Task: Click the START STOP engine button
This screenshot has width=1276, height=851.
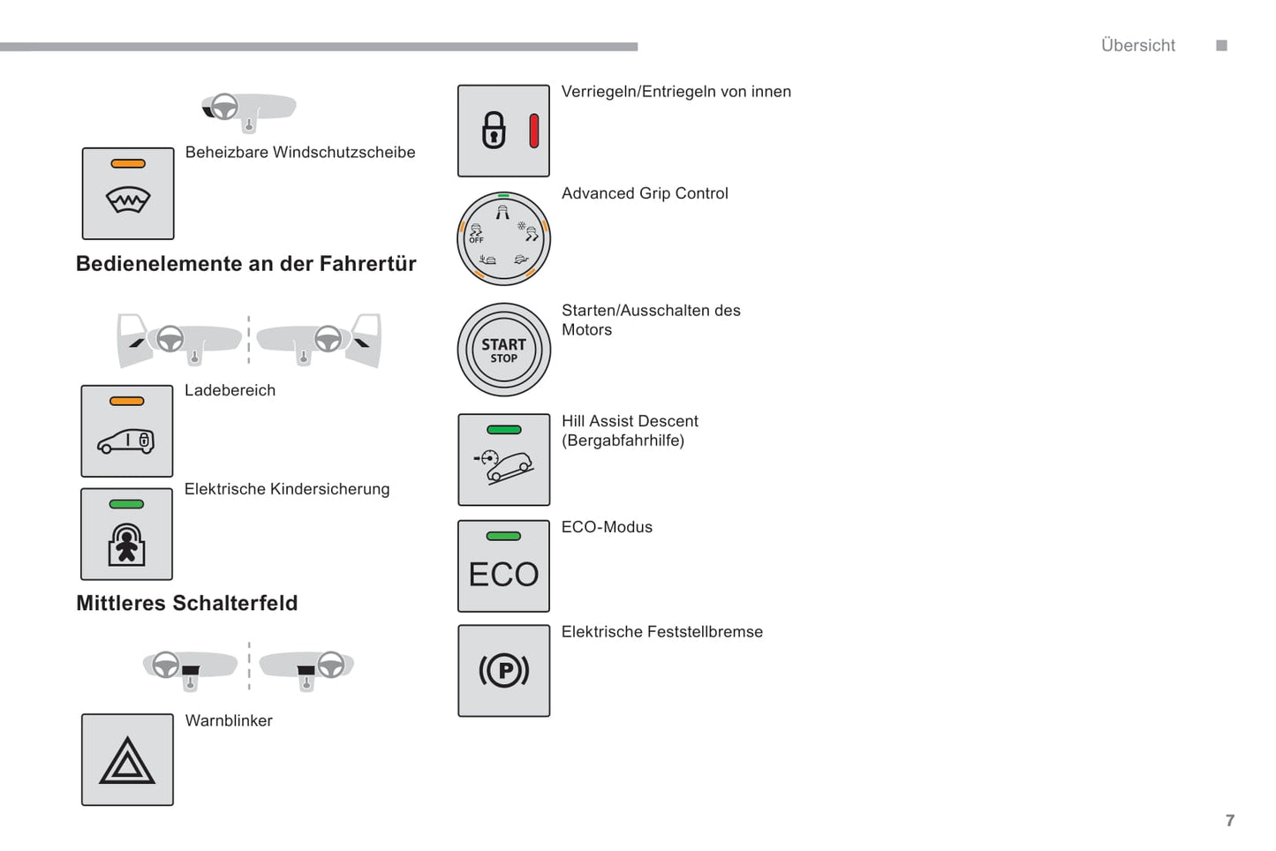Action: [x=503, y=350]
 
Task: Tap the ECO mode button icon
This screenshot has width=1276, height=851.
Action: [x=503, y=566]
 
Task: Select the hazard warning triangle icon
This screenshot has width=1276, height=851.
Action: [x=127, y=761]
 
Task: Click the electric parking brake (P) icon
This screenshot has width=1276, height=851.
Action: [x=503, y=671]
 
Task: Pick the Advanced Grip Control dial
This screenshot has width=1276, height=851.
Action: [x=503, y=238]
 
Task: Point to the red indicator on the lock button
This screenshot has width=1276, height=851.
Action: [x=533, y=131]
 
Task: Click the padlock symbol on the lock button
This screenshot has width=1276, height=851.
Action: [x=494, y=131]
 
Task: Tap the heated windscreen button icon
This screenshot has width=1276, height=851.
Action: [x=128, y=194]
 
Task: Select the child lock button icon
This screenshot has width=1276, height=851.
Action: [x=126, y=535]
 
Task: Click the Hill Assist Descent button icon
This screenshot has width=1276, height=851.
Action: [x=503, y=460]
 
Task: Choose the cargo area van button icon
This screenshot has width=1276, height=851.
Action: [x=126, y=432]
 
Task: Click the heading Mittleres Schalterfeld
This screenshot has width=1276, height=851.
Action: [x=187, y=603]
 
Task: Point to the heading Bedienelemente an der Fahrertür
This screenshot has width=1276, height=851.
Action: [x=245, y=264]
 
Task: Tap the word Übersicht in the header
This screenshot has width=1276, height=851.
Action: [x=1137, y=46]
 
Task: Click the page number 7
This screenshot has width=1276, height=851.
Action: [x=1229, y=820]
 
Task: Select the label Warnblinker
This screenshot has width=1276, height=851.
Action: [x=229, y=720]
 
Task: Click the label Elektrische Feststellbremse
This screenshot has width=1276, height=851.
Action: [x=661, y=632]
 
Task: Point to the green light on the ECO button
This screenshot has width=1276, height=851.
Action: [x=503, y=536]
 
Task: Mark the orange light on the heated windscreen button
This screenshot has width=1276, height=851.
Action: [x=128, y=163]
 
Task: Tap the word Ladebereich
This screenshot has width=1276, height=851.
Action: [x=230, y=390]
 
